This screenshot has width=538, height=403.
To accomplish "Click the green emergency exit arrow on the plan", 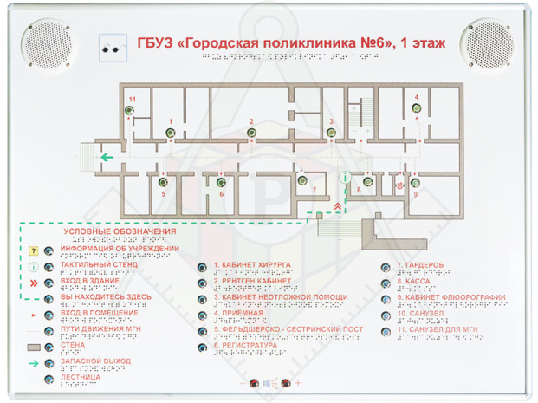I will (x=107, y=158).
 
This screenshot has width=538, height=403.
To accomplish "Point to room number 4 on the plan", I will (x=417, y=96).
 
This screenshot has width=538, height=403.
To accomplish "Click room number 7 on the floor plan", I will (x=314, y=189).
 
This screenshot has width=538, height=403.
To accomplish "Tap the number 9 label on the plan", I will (x=415, y=194).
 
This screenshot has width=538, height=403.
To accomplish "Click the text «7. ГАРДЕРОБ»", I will (x=422, y=264).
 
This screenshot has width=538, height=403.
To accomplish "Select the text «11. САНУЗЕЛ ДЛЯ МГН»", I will (x=438, y=329).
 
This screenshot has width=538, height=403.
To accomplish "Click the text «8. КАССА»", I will (x=414, y=281).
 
